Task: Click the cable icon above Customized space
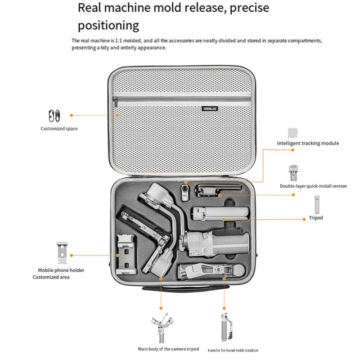click(54, 116)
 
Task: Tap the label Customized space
click(59, 129)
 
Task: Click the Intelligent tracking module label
click(308, 144)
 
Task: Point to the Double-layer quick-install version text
click(313, 186)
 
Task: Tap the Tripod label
click(316, 218)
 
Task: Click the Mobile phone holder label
click(61, 270)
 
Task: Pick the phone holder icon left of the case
click(62, 254)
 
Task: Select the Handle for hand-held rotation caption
click(233, 350)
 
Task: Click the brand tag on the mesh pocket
click(210, 108)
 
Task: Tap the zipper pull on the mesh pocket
click(116, 104)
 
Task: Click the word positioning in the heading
click(108, 24)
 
